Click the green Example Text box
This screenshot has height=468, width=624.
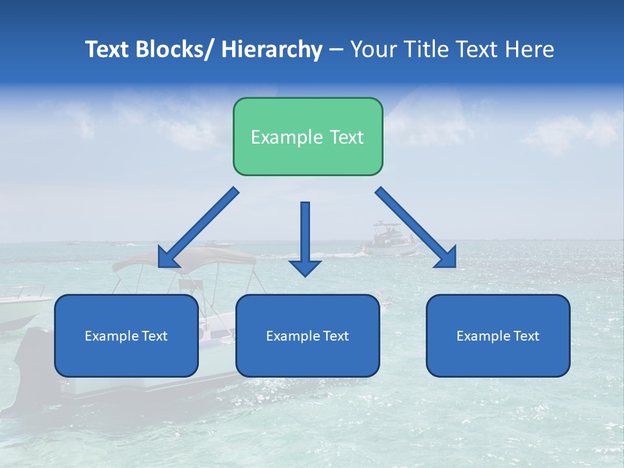pos(307,136)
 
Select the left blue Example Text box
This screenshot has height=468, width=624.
pos(126,335)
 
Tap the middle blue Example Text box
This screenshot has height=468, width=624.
pos(307,335)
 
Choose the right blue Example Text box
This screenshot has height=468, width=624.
pos(498,335)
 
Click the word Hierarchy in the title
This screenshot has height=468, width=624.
pos(272,49)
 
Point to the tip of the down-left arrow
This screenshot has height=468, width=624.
pos(160,265)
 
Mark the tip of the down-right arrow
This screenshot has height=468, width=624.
pos(454,266)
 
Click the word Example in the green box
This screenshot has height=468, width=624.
pos(287,137)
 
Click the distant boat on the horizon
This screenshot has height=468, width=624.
pos(389,239)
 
